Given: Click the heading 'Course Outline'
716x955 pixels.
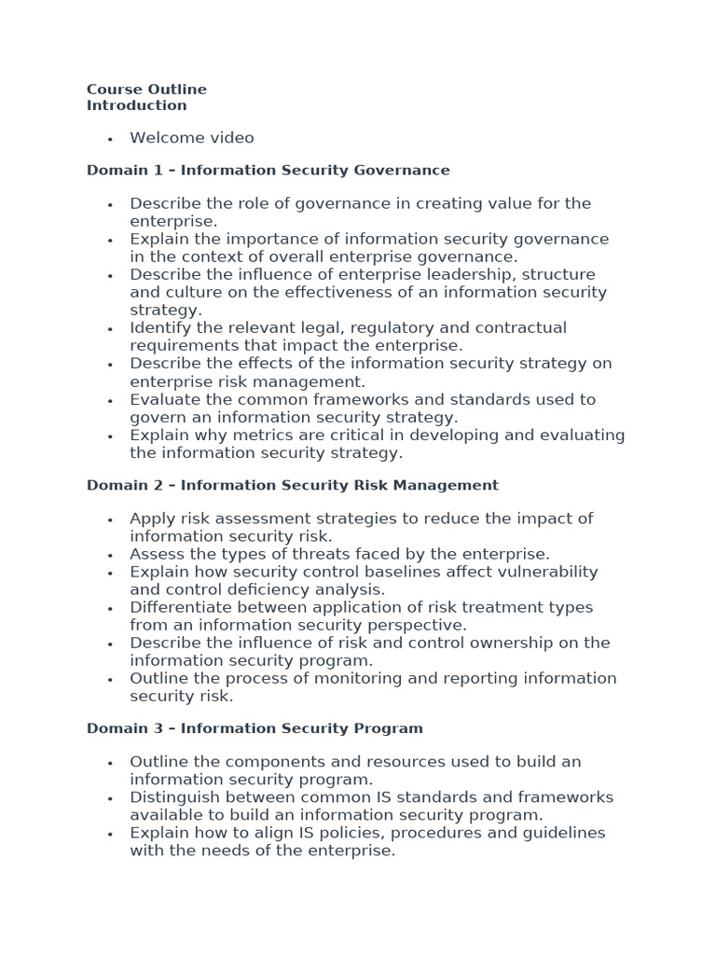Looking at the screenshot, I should [x=146, y=90].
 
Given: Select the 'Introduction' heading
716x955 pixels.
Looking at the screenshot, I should [x=136, y=105].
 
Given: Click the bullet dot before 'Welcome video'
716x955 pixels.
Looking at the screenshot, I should [x=110, y=139].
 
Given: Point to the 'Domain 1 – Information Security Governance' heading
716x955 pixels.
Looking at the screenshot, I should [x=268, y=171].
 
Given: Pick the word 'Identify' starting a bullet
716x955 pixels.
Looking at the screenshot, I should [x=158, y=327].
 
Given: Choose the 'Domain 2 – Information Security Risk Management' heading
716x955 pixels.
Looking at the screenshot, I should [x=292, y=486].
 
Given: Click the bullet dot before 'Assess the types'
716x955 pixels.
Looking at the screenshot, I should [x=110, y=555].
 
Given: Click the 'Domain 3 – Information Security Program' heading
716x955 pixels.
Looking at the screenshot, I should [x=255, y=728].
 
